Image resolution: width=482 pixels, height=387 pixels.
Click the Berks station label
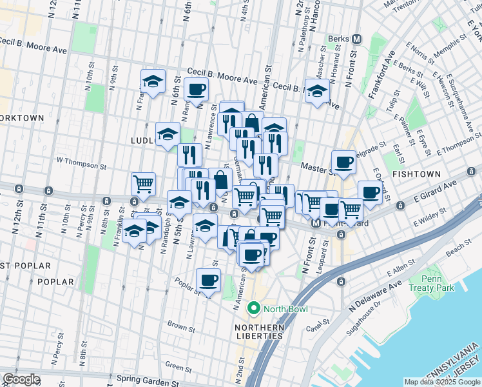click(x=338, y=39)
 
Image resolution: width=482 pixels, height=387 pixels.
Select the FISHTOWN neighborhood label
click(x=418, y=174)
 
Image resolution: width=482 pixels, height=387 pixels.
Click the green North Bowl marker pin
click(x=255, y=309)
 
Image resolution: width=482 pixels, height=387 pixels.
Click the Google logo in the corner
click(x=21, y=379)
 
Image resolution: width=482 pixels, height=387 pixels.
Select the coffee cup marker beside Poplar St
click(x=208, y=281)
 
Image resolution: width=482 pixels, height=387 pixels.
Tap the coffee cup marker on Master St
click(x=343, y=163)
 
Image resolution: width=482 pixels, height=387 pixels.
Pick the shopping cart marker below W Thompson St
click(x=143, y=184)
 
